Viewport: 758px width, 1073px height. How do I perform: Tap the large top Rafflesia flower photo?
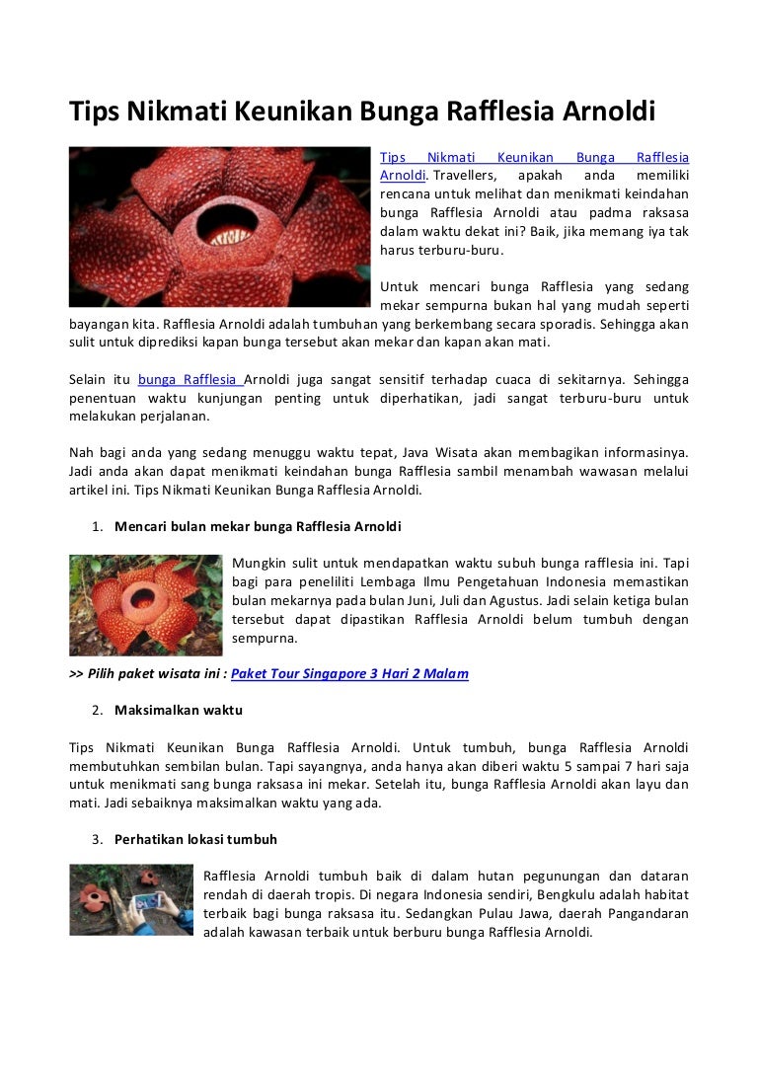tap(219, 227)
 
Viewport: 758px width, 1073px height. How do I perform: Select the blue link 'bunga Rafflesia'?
tap(188, 380)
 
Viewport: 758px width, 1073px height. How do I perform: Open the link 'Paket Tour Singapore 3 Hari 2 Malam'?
tap(349, 674)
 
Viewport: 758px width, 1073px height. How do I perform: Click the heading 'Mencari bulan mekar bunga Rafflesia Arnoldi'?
tap(258, 526)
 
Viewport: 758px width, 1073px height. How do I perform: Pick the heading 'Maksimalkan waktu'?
tap(178, 710)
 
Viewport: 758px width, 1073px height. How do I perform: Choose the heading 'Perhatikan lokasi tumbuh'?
tap(195, 840)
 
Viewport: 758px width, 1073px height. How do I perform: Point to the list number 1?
tap(98, 526)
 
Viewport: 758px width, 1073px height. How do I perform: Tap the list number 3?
tap(98, 840)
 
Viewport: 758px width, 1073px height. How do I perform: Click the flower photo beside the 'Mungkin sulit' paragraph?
tap(145, 605)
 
